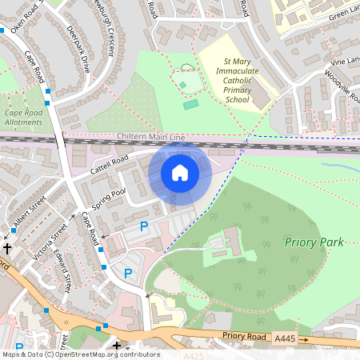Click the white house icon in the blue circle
click(x=180, y=172)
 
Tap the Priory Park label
click(x=313, y=242)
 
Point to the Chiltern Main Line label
click(x=151, y=138)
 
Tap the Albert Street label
click(x=30, y=210)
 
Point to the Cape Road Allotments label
click(x=25, y=118)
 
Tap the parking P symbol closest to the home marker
click(x=144, y=226)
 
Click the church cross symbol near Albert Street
click(x=14, y=250)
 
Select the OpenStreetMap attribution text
click(x=80, y=354)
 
